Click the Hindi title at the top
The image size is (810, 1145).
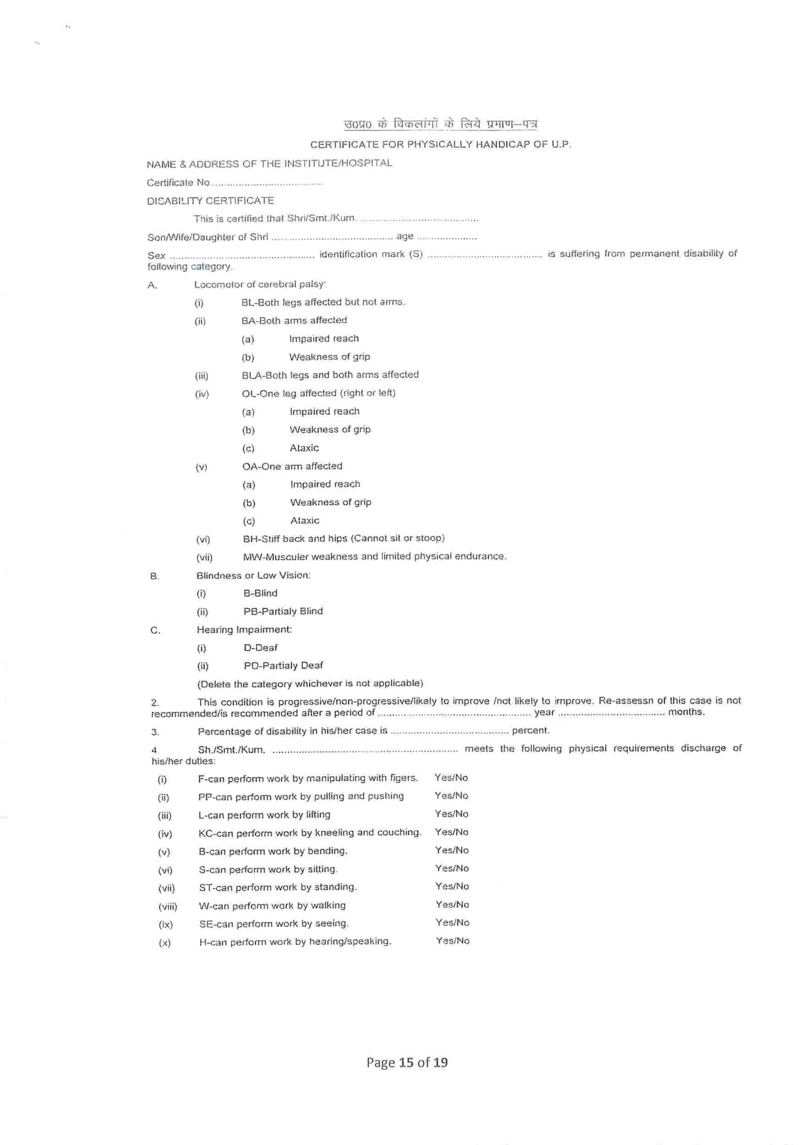(x=440, y=124)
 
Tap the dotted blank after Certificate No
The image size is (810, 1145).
(x=267, y=184)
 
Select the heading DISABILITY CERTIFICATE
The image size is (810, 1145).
(x=210, y=201)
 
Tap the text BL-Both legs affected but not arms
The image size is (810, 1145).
(x=323, y=302)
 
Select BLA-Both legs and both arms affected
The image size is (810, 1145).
(x=330, y=375)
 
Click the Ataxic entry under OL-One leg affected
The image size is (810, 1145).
(x=304, y=448)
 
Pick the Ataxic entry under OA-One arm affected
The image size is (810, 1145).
(x=305, y=520)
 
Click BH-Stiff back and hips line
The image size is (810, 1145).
(x=344, y=538)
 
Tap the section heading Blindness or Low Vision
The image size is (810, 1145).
(x=253, y=575)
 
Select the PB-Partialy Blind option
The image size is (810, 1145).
(x=283, y=611)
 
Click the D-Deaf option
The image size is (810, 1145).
(x=260, y=647)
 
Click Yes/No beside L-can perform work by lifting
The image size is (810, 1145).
(x=451, y=814)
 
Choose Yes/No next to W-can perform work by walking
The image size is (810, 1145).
(x=452, y=904)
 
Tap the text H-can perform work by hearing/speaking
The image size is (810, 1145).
(x=295, y=941)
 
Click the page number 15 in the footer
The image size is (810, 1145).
(x=406, y=1062)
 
